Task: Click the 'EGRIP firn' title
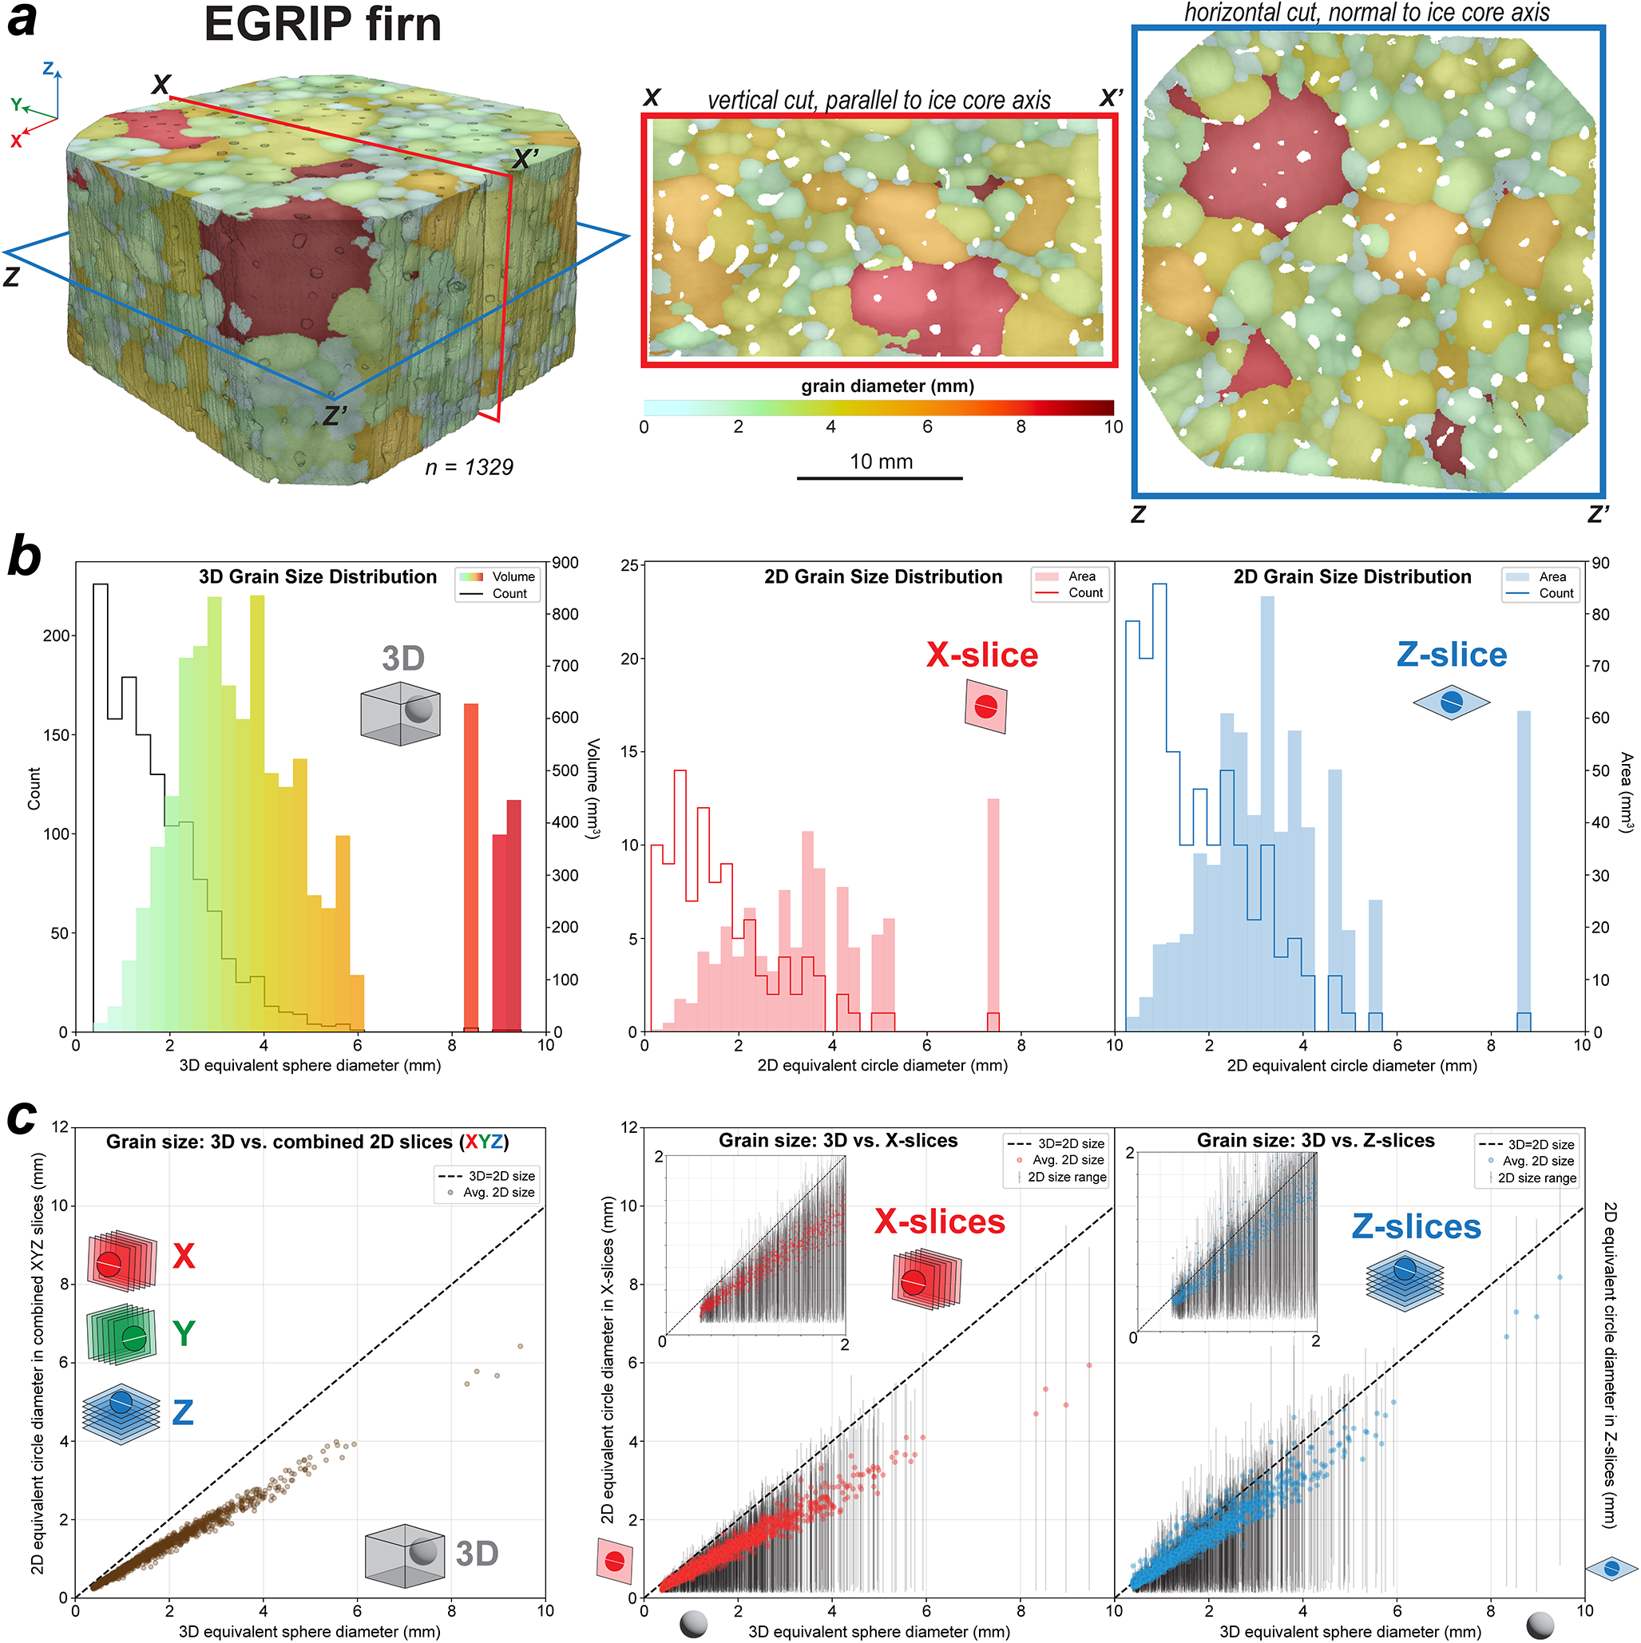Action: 323,24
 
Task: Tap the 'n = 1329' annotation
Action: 469,467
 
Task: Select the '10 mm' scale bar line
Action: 880,478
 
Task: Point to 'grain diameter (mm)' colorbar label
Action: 887,386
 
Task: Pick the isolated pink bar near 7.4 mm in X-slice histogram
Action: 993,915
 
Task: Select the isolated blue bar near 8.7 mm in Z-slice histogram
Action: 1524,871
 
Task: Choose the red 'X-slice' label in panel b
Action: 981,655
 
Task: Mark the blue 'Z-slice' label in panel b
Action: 1451,655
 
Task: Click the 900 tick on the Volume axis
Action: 565,563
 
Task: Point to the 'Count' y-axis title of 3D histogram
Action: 34,788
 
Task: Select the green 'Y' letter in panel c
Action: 184,1333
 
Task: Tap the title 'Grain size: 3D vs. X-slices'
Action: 838,1140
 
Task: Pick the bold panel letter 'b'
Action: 25,557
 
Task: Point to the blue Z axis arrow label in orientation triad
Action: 49,68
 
